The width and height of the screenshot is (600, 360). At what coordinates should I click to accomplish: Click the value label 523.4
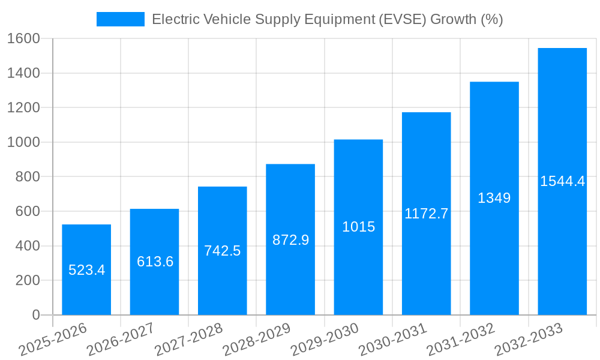tap(86, 270)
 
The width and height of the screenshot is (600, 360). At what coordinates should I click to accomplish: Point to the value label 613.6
tap(155, 262)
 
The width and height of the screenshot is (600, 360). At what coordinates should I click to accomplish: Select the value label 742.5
tap(222, 251)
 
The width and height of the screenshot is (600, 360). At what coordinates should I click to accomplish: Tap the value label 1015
tap(358, 227)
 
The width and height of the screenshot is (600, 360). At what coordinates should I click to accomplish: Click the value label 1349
tap(494, 198)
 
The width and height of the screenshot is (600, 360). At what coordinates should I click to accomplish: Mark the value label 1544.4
tap(562, 181)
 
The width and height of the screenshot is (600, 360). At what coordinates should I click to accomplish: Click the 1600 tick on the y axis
tap(23, 39)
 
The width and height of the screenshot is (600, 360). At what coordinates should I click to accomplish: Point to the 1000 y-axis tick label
tap(23, 142)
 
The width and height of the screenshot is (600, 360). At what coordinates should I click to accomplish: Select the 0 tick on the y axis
tap(35, 315)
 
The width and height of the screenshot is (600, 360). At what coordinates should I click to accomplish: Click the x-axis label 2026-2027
tap(121, 339)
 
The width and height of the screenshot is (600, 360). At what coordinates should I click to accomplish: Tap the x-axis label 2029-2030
tap(325, 339)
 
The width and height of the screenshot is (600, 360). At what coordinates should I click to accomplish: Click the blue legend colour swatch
tap(120, 19)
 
